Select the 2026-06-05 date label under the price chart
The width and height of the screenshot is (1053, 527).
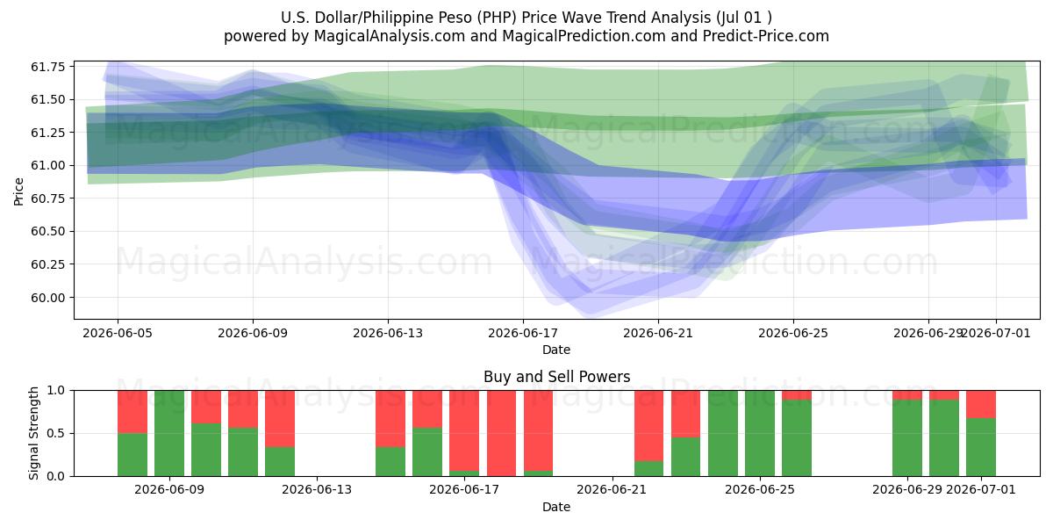click(x=118, y=333)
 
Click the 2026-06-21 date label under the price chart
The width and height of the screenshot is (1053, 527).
click(x=658, y=333)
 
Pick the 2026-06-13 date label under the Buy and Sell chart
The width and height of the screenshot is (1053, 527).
click(x=317, y=489)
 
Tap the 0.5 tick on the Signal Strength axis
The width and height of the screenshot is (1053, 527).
click(x=56, y=433)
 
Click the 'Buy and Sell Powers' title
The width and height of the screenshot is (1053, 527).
click(x=556, y=377)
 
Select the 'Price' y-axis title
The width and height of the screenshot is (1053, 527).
click(x=18, y=191)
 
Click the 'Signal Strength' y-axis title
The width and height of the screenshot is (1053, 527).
click(x=33, y=433)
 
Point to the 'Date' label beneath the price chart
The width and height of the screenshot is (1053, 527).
click(x=556, y=350)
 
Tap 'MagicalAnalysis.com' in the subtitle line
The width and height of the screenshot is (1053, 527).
click(x=390, y=36)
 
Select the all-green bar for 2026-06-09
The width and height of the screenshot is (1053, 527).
click(x=169, y=433)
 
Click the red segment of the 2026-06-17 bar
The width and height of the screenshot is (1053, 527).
click(x=464, y=430)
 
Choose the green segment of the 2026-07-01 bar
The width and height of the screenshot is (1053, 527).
click(x=981, y=447)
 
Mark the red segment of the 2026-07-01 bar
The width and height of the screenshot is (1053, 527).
click(x=981, y=404)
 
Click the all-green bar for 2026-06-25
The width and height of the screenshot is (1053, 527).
click(x=760, y=433)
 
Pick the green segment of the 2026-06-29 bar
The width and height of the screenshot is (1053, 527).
click(x=907, y=438)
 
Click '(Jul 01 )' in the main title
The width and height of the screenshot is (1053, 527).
click(x=744, y=18)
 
